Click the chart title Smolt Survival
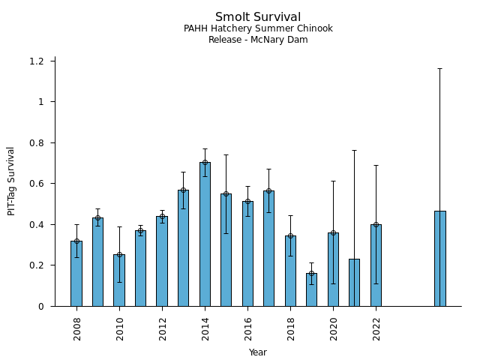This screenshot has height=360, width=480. click(258, 17)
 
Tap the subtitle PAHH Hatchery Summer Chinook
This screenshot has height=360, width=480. click(258, 29)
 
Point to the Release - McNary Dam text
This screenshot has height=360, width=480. click(258, 40)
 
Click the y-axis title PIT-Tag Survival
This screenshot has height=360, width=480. click(11, 181)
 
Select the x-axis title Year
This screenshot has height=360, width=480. click(258, 352)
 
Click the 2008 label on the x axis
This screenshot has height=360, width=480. click(77, 328)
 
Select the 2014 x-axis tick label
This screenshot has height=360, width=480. click(205, 328)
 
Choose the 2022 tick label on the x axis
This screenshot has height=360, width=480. click(376, 328)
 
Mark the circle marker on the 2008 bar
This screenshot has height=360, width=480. click(76, 241)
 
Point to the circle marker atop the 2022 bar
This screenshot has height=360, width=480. click(376, 224)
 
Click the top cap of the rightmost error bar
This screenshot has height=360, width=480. click(439, 68)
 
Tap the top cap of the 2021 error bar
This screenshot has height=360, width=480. click(354, 151)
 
